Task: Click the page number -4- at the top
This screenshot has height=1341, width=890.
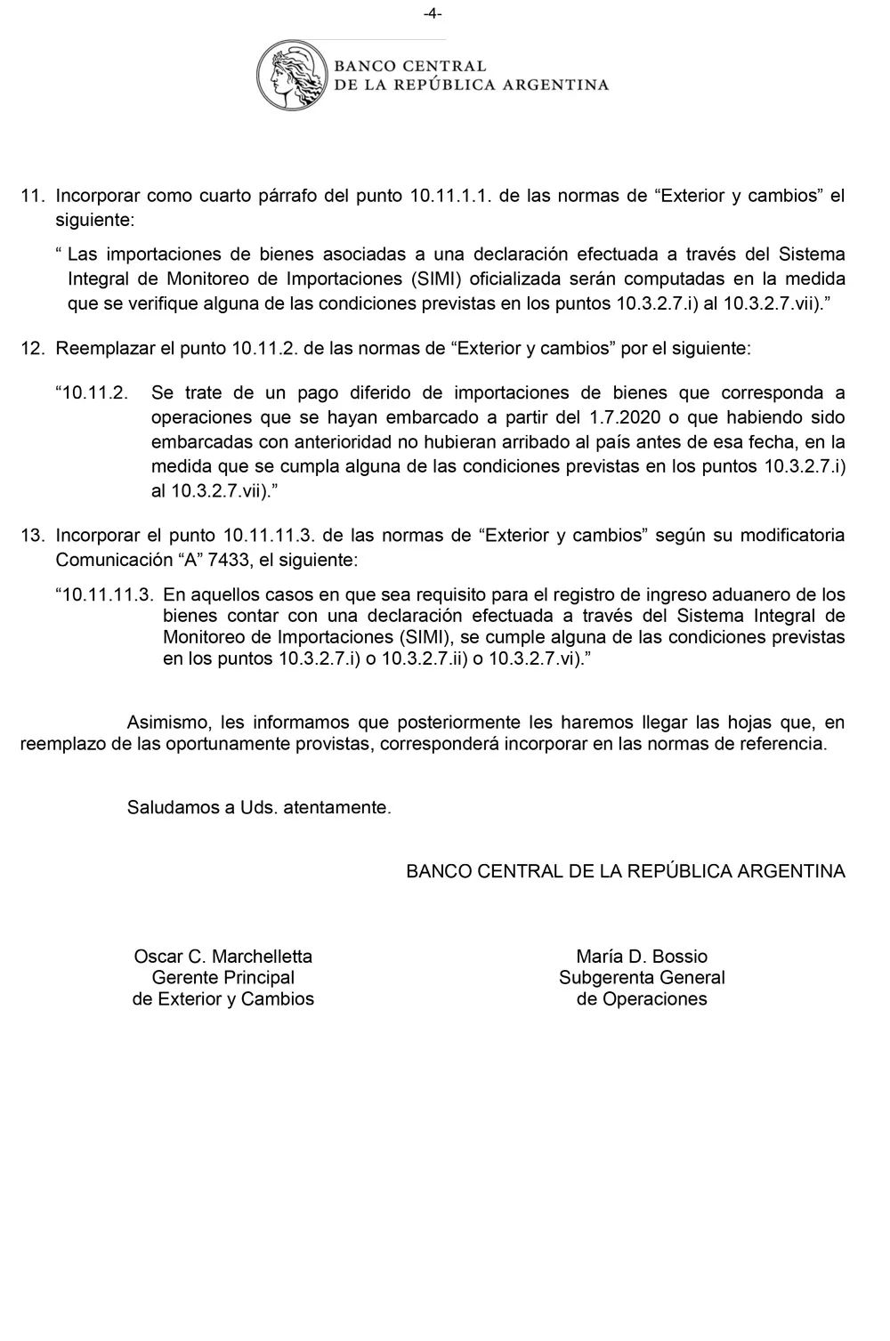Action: tap(433, 13)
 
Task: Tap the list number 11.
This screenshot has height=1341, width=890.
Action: tap(32, 196)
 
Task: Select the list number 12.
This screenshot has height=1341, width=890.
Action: tap(32, 349)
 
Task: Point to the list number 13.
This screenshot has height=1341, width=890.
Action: tap(32, 536)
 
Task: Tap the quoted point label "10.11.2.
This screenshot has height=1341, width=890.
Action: tap(93, 392)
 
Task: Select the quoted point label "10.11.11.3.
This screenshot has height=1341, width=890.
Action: tap(105, 594)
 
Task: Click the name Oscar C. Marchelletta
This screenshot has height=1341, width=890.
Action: tap(222, 957)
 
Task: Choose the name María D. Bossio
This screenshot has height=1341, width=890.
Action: tap(642, 957)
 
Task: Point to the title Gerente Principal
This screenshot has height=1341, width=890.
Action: tap(222, 978)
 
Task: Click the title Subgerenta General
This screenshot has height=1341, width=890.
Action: tap(642, 978)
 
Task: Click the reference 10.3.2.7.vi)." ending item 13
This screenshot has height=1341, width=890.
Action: tap(540, 659)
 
